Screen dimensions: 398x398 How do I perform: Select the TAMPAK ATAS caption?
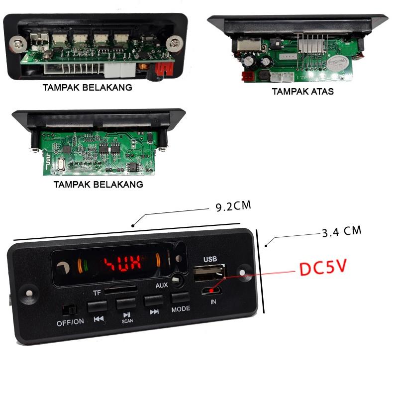(302, 92)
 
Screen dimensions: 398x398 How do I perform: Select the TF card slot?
(120, 289)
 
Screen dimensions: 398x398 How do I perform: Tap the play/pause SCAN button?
(126, 303)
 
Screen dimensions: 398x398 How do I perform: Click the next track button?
(154, 300)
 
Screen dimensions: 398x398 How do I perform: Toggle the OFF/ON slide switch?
(68, 310)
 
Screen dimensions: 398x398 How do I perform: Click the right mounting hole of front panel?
(243, 273)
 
